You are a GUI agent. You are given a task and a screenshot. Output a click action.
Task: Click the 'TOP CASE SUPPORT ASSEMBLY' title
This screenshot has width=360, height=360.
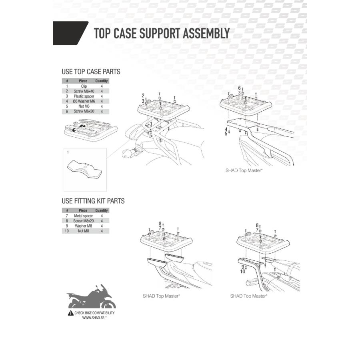(x=162, y=33)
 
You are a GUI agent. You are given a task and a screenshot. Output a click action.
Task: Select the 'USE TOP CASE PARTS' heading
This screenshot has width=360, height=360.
(x=91, y=72)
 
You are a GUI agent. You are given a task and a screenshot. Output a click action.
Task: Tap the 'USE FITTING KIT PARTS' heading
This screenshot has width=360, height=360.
(x=93, y=201)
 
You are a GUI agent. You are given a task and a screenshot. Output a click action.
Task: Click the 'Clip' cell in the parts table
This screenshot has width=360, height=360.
(x=84, y=86)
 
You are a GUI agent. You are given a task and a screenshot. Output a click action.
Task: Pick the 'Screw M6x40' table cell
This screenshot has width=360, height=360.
(x=84, y=91)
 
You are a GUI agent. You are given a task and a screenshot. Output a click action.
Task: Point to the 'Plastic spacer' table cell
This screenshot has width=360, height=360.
(x=84, y=96)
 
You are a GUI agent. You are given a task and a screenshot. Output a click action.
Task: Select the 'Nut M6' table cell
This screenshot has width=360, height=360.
(x=84, y=106)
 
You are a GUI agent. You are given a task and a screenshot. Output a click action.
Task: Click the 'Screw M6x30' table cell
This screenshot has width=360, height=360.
(x=84, y=111)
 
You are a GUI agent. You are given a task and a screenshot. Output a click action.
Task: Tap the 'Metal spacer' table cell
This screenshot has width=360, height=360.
(x=83, y=216)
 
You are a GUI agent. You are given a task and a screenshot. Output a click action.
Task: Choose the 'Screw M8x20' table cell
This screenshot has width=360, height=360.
(x=83, y=221)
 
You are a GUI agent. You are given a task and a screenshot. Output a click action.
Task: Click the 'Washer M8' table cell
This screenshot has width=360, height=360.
(x=83, y=226)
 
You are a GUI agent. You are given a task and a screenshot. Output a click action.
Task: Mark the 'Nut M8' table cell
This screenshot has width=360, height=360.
(x=83, y=231)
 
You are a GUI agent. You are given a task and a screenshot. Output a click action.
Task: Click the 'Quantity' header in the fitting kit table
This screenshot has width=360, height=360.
(x=102, y=210)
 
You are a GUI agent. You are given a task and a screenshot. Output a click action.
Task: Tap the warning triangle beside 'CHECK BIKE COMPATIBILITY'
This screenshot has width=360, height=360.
(x=71, y=313)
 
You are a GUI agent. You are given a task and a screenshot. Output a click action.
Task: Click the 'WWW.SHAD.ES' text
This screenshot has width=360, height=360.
(x=93, y=318)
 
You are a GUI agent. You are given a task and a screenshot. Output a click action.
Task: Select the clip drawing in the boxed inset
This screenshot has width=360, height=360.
(x=84, y=169)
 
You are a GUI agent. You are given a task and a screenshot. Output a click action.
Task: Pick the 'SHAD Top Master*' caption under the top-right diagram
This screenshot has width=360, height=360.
(x=244, y=170)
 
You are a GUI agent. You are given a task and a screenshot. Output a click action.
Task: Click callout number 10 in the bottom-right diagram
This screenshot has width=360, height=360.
(x=242, y=272)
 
